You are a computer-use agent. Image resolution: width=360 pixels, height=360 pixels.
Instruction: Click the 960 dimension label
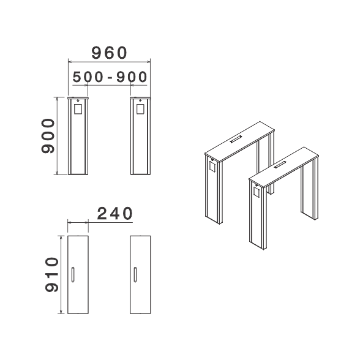coord(109,53)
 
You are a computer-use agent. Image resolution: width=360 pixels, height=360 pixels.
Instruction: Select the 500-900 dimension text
coord(110,77)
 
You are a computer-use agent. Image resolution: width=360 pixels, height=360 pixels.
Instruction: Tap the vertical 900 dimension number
coord(48,136)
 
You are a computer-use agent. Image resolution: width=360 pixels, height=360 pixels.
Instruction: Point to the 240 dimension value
coord(115,213)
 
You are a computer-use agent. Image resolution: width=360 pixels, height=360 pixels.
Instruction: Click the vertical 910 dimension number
coord(52,274)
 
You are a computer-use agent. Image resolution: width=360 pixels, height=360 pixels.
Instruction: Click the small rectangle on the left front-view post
coord(78,109)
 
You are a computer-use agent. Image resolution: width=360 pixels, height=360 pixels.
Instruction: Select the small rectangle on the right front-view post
coord(140,109)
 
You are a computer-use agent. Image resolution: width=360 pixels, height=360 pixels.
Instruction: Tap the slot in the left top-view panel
coord(73,274)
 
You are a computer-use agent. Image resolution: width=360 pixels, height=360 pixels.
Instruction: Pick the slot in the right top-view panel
coord(135,274)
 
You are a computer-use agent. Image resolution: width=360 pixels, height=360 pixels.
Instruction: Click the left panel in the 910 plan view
coord(78,274)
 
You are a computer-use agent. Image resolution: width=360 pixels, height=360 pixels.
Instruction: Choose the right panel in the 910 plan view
coord(140,274)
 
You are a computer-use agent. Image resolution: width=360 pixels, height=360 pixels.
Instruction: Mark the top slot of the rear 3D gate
coord(236,140)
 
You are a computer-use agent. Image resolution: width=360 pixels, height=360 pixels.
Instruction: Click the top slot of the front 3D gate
coord(280,165)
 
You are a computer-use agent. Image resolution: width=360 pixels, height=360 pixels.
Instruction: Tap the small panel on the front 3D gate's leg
coord(257,191)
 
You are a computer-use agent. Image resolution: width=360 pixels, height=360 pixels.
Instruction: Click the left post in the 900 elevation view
coord(78,136)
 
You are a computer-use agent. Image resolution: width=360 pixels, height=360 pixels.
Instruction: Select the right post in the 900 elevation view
coord(140,136)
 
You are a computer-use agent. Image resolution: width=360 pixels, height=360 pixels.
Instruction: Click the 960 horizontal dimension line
coord(109,62)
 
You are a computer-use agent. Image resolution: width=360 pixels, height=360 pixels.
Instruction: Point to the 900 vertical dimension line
coord(57,136)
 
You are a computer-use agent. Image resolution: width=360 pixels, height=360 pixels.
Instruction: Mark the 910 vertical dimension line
coord(61,274)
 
